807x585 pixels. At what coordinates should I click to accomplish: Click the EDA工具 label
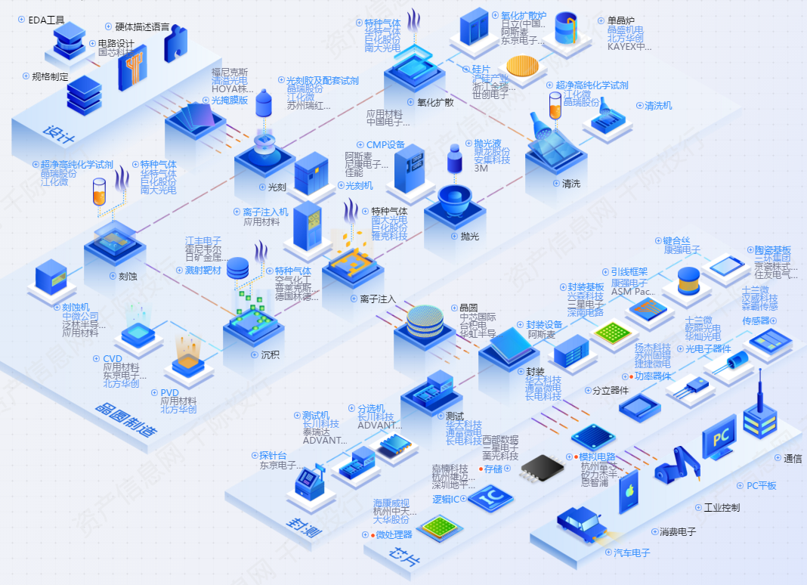click(x=46, y=20)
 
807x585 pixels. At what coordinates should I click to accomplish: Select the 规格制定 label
click(x=50, y=76)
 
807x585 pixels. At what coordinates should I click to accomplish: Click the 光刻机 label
click(x=359, y=185)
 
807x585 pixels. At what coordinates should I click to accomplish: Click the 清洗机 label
click(x=658, y=106)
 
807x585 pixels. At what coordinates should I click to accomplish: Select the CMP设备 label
click(x=385, y=145)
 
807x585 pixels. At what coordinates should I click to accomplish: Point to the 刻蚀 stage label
click(x=128, y=276)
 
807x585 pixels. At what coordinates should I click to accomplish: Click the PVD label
click(x=169, y=392)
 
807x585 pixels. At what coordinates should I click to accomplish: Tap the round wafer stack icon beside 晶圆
click(x=427, y=321)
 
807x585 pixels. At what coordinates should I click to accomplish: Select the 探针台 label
click(x=273, y=455)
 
